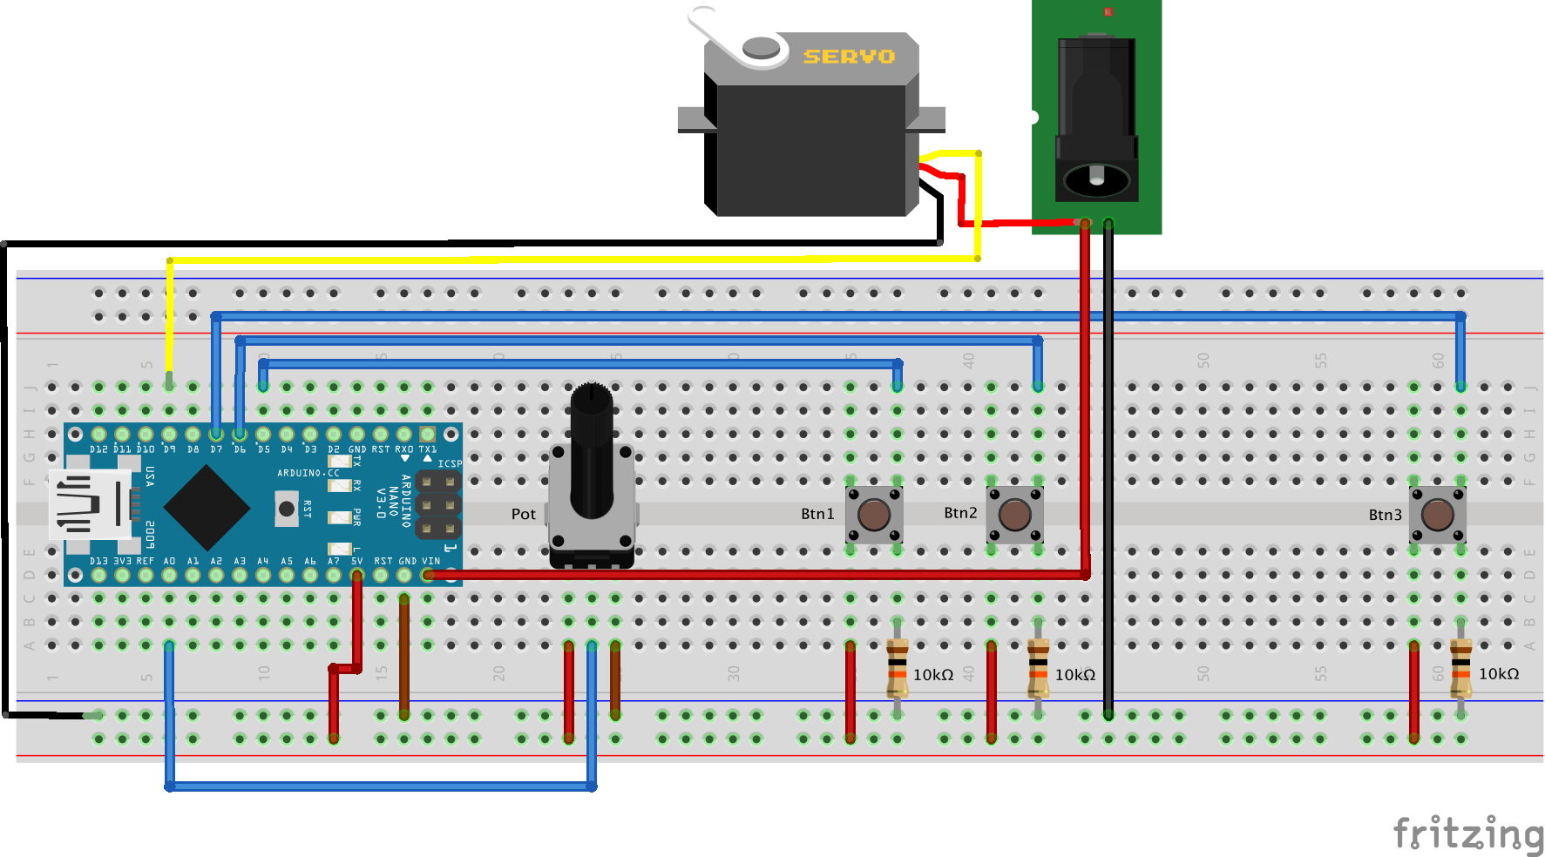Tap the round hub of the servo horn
[761, 47]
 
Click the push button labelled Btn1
[874, 514]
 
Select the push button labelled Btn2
[1014, 514]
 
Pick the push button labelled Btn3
[1437, 514]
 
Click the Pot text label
[523, 514]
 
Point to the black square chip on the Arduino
[207, 507]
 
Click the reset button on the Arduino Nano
[286, 508]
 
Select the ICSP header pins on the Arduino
[438, 504]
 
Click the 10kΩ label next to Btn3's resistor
[1499, 674]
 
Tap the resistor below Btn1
[897, 669]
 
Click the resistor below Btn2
[1038, 669]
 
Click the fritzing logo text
[1467, 833]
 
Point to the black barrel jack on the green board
[1096, 118]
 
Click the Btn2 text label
[960, 513]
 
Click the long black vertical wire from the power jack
[1108, 470]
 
